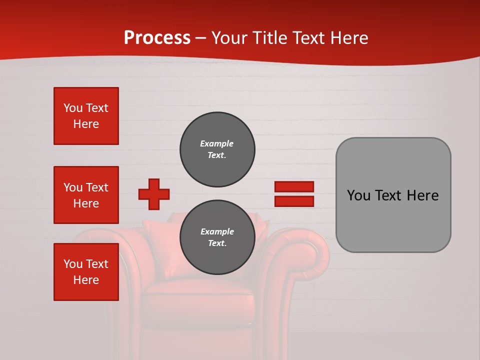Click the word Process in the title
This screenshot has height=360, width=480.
pyautogui.click(x=157, y=38)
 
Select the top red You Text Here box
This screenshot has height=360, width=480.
pyautogui.click(x=86, y=116)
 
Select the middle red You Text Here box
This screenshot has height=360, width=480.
pyautogui.click(x=86, y=195)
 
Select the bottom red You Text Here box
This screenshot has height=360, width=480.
pyautogui.click(x=86, y=272)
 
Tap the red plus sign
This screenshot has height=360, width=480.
pyautogui.click(x=154, y=194)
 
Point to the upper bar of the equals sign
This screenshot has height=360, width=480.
pyautogui.click(x=294, y=186)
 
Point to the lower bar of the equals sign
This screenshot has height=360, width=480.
pyautogui.click(x=294, y=201)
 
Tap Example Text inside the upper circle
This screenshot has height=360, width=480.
pyautogui.click(x=217, y=149)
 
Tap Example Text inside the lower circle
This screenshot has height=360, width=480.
pyautogui.click(x=217, y=237)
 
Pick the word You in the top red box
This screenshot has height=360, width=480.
pyautogui.click(x=73, y=108)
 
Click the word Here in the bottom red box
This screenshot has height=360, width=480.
pyautogui.click(x=86, y=280)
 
